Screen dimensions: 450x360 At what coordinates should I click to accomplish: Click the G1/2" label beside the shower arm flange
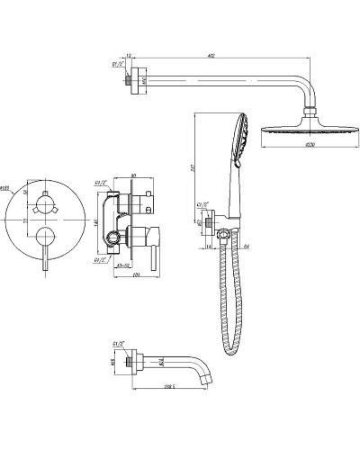(x=116, y=64)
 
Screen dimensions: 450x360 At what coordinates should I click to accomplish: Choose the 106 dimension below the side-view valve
(x=135, y=288)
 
